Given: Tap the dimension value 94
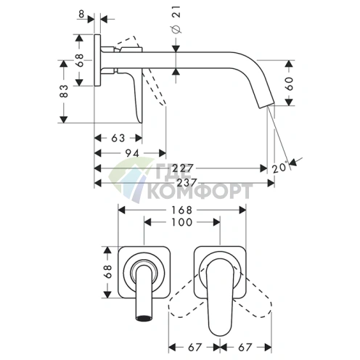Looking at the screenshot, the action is pos(133,153).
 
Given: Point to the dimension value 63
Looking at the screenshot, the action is pos(118,138).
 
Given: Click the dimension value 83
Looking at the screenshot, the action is pos(64,91).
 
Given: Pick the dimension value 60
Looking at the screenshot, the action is pos(290,83).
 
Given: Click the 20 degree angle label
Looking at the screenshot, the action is pos(280,167).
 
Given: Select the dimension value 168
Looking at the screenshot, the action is pos(182,210).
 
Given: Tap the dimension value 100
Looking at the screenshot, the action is pos(182,222).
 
